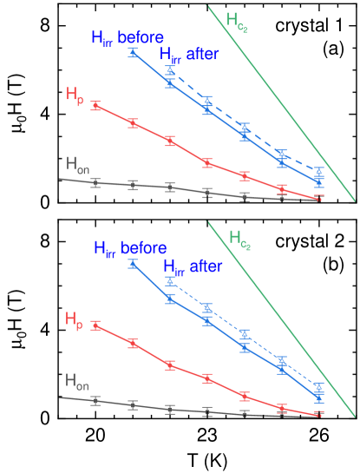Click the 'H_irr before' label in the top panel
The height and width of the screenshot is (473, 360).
click(x=128, y=38)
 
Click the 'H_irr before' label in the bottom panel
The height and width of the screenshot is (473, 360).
click(x=131, y=247)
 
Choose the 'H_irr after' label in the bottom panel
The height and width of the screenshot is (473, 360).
click(x=193, y=266)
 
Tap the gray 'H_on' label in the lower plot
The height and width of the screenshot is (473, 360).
click(x=76, y=380)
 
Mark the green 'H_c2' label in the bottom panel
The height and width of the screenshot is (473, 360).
click(x=239, y=237)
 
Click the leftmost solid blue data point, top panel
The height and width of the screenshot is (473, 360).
click(x=133, y=53)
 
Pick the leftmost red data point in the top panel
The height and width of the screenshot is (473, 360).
click(x=95, y=106)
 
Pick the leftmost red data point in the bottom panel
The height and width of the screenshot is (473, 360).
click(x=95, y=325)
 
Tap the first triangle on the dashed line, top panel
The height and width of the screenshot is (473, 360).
click(x=170, y=69)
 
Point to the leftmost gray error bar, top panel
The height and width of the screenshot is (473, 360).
click(x=95, y=182)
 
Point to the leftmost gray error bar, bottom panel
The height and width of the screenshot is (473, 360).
click(x=95, y=401)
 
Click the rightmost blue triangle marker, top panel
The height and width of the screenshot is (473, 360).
click(x=319, y=171)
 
